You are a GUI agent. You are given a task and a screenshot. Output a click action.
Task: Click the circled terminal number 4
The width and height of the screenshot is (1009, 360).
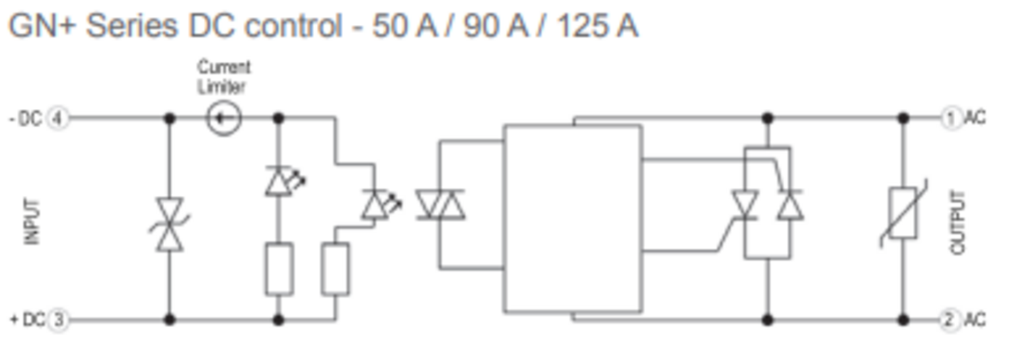point(57,119)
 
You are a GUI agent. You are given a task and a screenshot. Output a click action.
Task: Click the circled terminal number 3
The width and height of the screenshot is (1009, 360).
point(58,320)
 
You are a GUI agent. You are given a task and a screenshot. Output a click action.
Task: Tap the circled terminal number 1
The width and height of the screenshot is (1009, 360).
point(950,118)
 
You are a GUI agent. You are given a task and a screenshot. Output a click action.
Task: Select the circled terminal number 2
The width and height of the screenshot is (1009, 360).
point(950,320)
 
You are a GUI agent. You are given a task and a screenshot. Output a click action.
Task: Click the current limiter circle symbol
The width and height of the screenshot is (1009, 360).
point(224,118)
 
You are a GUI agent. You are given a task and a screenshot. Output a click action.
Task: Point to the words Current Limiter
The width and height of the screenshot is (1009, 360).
point(223,77)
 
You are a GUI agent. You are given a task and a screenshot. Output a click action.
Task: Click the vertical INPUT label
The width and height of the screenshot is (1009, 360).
point(32,221)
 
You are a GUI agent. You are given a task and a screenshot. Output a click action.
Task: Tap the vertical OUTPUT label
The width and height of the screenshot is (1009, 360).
point(958,222)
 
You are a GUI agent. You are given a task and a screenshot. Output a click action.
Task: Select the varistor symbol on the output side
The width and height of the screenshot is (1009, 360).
point(903,213)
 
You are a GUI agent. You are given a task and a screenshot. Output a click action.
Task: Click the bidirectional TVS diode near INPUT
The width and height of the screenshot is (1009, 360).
point(170,224)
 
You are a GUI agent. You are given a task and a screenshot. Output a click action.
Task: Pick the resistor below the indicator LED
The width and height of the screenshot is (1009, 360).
point(279,269)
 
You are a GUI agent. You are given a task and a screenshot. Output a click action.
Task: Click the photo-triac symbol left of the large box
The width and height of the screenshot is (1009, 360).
point(441,205)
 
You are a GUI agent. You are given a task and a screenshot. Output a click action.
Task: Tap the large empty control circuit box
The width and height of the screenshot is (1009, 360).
point(573,219)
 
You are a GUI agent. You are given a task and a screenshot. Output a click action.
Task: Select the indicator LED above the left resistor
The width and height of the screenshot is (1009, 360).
point(285,181)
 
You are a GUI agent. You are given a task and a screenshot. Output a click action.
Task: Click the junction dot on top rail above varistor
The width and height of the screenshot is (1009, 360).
point(903,118)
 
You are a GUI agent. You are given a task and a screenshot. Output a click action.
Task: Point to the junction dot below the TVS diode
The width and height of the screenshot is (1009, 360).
point(170,320)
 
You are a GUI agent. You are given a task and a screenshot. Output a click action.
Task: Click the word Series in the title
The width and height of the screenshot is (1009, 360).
point(132,26)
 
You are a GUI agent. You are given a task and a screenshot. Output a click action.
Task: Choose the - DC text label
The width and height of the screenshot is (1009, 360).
point(26,119)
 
